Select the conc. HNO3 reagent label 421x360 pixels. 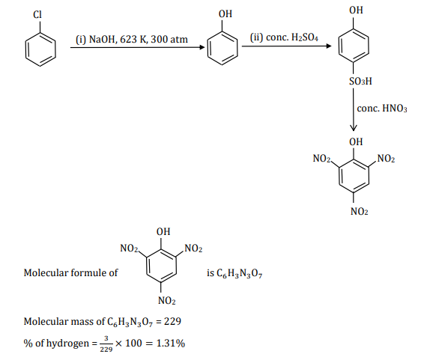click(382, 109)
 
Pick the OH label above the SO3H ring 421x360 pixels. click(357, 11)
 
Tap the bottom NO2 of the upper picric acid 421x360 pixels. click(359, 213)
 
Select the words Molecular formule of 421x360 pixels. click(70, 273)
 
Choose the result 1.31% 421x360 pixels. click(169, 344)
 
